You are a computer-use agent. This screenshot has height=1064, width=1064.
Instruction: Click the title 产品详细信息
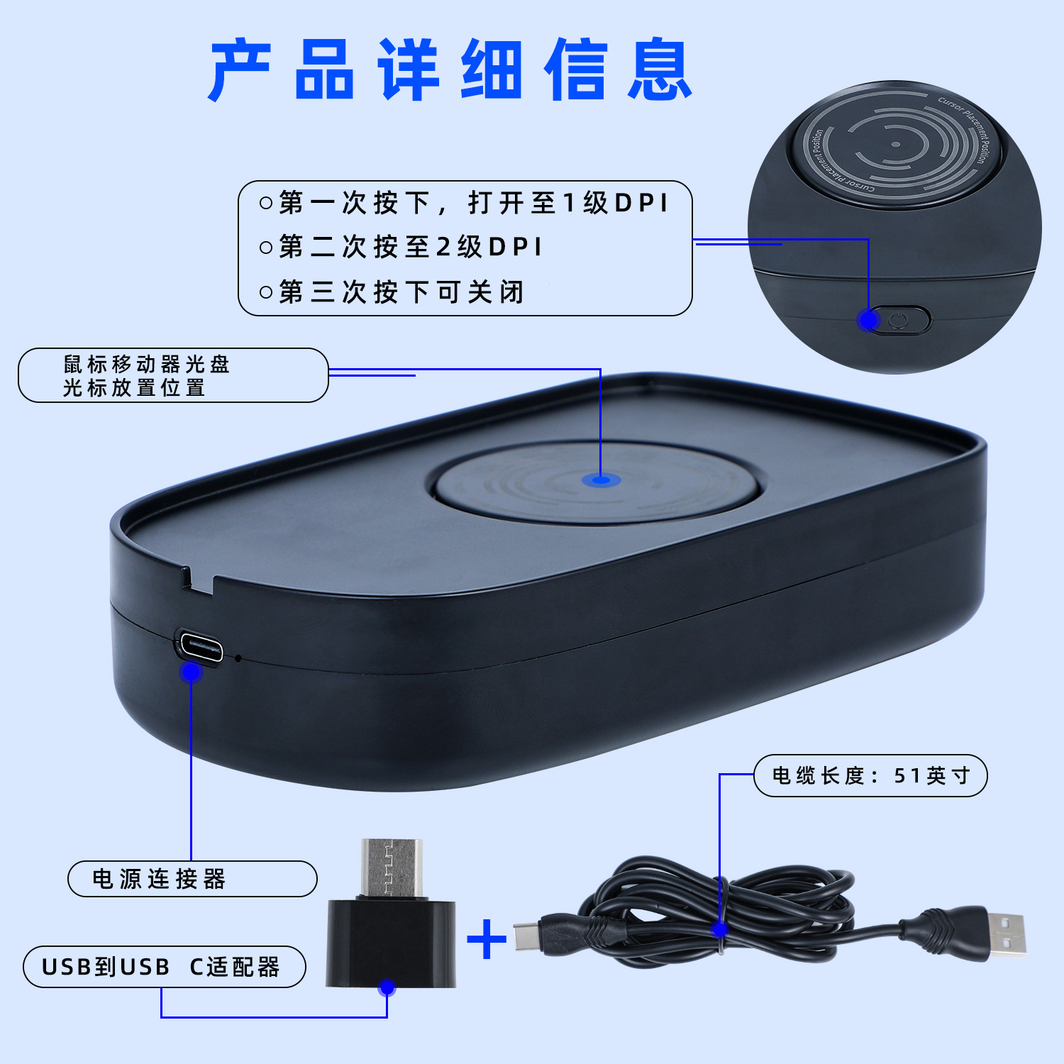[450, 69]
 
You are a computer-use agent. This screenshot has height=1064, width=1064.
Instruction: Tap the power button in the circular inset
[898, 321]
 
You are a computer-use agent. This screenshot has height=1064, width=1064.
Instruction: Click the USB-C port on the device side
[201, 645]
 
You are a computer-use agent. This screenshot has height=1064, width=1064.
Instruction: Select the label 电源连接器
[159, 879]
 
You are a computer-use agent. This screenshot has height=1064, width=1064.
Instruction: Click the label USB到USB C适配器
[161, 967]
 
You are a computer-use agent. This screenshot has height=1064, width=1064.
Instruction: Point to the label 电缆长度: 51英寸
[871, 775]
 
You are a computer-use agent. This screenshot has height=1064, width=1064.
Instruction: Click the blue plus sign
[487, 939]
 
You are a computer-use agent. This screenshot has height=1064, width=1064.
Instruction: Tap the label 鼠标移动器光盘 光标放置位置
[146, 376]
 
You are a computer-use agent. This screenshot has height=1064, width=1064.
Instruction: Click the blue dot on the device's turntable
[601, 480]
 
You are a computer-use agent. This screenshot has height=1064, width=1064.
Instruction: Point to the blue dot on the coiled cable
[720, 929]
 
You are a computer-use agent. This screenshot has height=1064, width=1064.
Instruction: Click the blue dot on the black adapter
[387, 987]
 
